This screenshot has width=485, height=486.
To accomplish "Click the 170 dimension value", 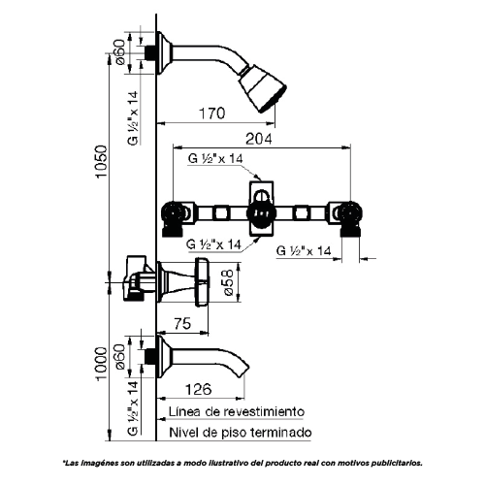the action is point(211,113).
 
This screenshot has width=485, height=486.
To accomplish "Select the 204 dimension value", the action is point(259,139).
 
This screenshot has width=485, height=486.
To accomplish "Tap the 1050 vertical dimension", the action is point(101,162).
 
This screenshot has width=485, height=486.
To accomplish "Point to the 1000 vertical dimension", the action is point(101,364).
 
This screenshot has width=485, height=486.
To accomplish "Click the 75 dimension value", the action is point(182,324).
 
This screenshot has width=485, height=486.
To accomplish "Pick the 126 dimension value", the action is point(198,389).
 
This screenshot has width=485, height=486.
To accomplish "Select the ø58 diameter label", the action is point(229,282).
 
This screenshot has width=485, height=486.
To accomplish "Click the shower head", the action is point(263,88).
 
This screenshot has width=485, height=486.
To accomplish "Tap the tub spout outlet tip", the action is point(244,371).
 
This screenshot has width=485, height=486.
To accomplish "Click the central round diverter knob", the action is point(262,213).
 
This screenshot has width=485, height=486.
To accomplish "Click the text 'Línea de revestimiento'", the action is point(237,412).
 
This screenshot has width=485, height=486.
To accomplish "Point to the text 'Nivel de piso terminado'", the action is point(241,433).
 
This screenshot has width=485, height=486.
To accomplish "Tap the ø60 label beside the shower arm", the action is point(119,51).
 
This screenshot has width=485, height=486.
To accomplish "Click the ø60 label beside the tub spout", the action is point(119,357).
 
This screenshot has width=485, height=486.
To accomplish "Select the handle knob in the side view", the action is point(203,281).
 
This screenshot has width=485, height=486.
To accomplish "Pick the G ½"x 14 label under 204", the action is point(215,159).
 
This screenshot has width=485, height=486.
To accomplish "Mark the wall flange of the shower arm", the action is point(164,52).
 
